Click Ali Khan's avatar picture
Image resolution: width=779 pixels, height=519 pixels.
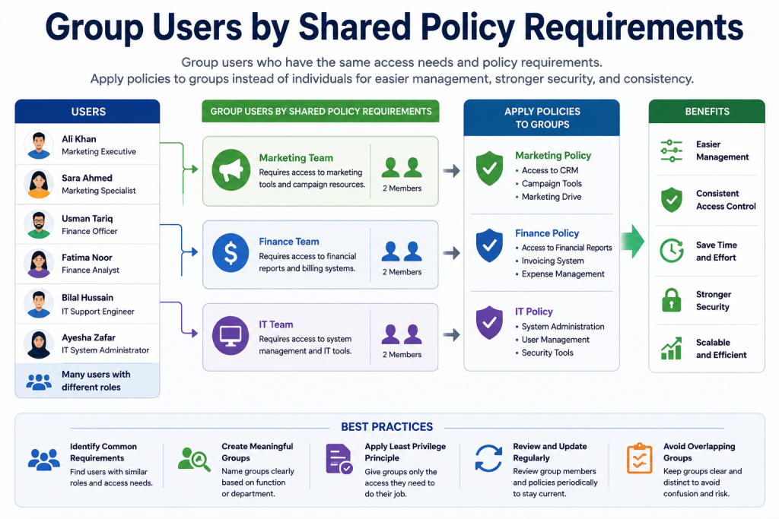click(x=39, y=144)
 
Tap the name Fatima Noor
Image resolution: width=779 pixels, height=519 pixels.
click(x=87, y=258)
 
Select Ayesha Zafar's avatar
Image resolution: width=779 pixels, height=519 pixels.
click(x=39, y=343)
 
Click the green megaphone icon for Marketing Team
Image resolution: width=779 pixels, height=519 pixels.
click(x=231, y=169)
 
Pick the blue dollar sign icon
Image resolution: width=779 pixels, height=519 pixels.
click(x=231, y=252)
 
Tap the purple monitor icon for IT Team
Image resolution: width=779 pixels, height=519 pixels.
click(x=231, y=335)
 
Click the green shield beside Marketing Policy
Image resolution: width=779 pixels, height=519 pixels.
click(x=489, y=168)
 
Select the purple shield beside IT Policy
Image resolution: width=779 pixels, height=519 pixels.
click(x=489, y=322)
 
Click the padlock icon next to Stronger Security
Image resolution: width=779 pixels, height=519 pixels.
click(x=671, y=299)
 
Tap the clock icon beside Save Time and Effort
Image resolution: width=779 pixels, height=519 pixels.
click(x=671, y=250)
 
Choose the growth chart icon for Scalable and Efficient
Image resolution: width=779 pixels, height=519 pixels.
click(x=671, y=348)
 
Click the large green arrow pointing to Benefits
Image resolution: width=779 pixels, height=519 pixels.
click(x=632, y=241)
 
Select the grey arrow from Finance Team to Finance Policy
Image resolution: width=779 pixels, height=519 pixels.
click(x=452, y=253)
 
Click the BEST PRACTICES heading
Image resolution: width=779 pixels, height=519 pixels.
click(x=387, y=427)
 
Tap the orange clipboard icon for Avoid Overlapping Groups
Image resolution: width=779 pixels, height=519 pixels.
click(x=639, y=458)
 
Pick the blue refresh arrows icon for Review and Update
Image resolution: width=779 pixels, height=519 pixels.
click(x=488, y=458)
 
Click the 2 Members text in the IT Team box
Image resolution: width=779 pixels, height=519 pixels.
click(x=402, y=355)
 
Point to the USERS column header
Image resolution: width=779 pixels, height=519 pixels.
click(x=87, y=112)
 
